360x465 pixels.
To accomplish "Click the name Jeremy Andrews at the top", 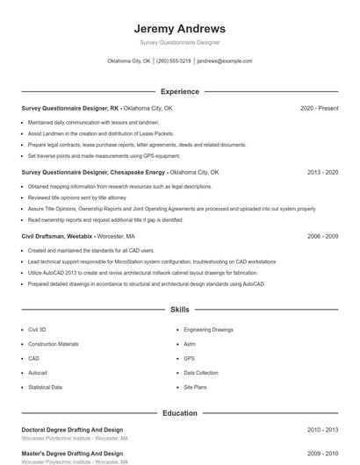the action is (x=179, y=28).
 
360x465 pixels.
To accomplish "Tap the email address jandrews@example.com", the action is (x=224, y=61).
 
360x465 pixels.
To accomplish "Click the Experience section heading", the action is (x=179, y=91).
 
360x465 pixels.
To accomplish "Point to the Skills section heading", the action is (x=179, y=310).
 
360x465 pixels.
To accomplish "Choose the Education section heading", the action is (x=179, y=412).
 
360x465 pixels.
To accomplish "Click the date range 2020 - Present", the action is (x=319, y=108).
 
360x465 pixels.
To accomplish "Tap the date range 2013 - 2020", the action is (x=322, y=173).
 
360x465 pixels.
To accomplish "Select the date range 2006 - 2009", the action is (x=322, y=237).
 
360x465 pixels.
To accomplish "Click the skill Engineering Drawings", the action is (x=208, y=330).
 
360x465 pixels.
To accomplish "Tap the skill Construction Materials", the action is (x=53, y=344).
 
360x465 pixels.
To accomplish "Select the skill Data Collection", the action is (x=200, y=373).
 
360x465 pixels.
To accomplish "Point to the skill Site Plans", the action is (x=195, y=387).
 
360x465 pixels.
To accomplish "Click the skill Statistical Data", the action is (x=45, y=387).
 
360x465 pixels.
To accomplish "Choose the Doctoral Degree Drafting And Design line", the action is (x=72, y=430).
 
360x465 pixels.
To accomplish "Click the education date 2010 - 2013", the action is (x=322, y=430).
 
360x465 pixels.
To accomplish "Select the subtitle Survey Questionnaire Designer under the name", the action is (x=179, y=42).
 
